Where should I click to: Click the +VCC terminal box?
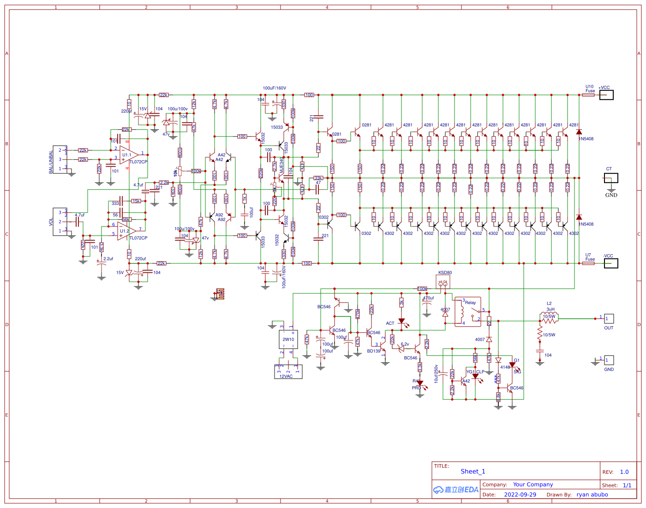pos(606,95)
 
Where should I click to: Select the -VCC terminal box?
pos(610,263)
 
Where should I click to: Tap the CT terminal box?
pos(611,178)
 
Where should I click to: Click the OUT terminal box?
pos(609,319)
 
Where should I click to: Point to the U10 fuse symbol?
pos(588,95)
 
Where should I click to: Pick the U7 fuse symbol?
pos(588,263)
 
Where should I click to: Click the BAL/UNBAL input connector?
pos(60,160)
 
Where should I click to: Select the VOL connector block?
pos(60,222)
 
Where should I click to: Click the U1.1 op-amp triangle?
pos(128,155)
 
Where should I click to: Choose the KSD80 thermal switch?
pos(443,281)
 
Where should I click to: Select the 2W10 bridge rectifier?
pos(288,340)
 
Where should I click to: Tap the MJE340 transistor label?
pos(281,165)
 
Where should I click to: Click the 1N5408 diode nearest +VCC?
pos(579,132)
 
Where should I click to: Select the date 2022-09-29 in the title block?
pos(520,495)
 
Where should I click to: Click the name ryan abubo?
pos(592,495)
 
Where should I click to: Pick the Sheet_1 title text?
pos(473,472)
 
